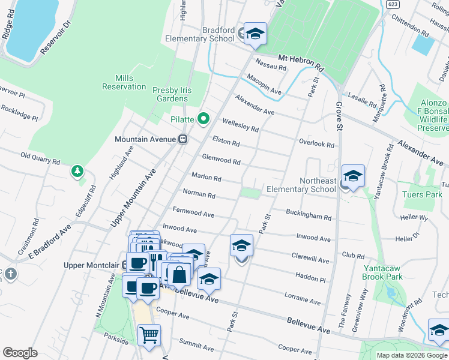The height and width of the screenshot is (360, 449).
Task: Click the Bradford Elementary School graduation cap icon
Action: (x=255, y=34)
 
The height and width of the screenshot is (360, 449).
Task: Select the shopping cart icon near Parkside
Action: (x=149, y=335)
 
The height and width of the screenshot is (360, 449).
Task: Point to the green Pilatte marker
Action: (x=203, y=119)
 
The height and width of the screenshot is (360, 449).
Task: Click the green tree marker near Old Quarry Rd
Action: (x=77, y=172)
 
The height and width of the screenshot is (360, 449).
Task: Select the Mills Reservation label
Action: (x=124, y=82)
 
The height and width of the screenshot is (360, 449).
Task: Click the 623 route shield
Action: (x=393, y=4)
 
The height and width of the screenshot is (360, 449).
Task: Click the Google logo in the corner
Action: (x=20, y=353)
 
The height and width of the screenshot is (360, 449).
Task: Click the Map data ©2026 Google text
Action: (x=411, y=355)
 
